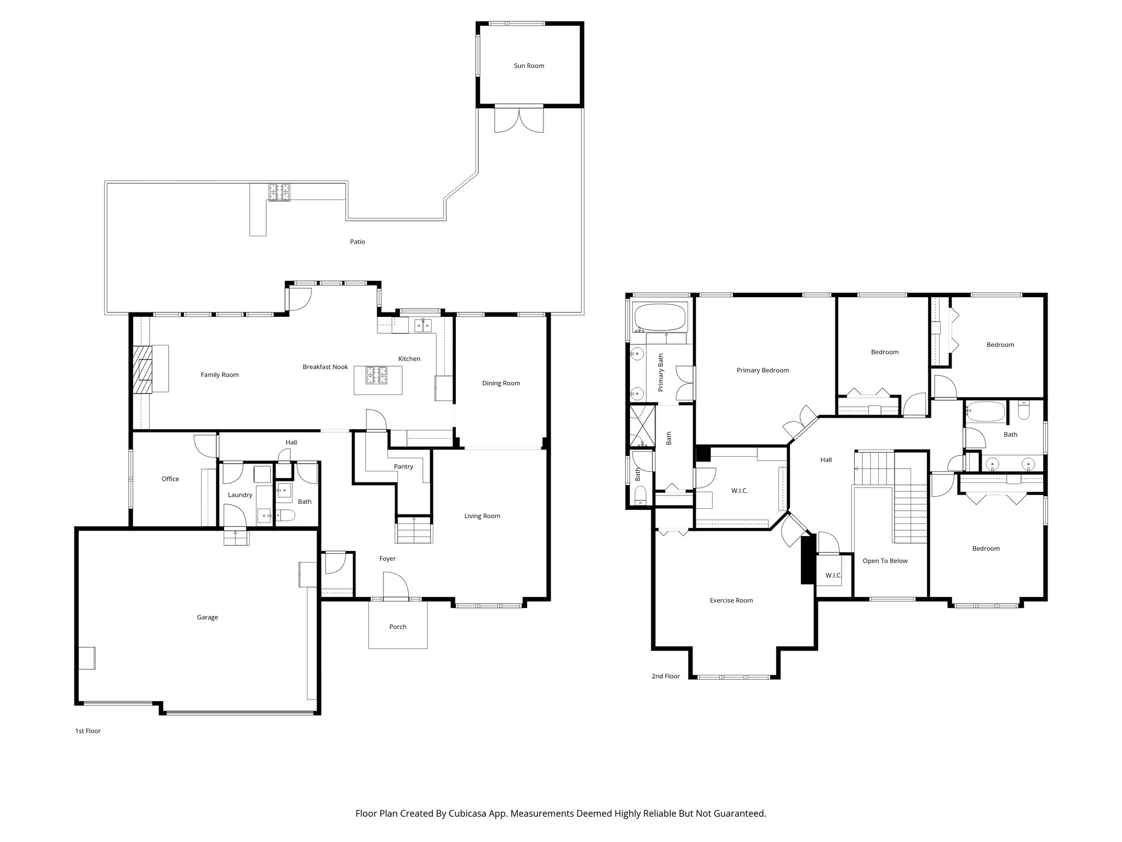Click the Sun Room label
point(529,66)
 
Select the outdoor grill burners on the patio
point(279,192)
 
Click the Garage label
point(207,617)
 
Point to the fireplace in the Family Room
point(144,369)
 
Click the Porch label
point(398,627)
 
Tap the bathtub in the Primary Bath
point(660,317)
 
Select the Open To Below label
point(885,561)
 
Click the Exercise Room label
point(731,600)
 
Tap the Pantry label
point(403,466)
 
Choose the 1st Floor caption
point(88,731)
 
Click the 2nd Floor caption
point(665,676)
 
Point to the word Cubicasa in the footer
point(469,813)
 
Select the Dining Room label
point(501,383)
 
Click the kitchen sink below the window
point(422,325)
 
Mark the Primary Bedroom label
point(763,370)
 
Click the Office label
point(170,479)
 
